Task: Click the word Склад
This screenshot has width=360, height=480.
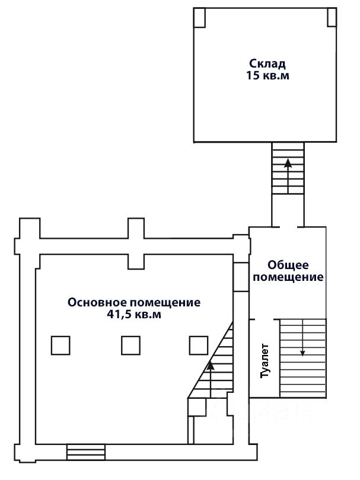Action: pyautogui.click(x=267, y=64)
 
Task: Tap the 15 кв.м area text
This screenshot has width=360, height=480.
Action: pyautogui.click(x=268, y=75)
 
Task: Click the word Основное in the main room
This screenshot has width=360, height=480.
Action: pyautogui.click(x=97, y=302)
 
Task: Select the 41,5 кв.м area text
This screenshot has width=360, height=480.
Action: pyautogui.click(x=134, y=314)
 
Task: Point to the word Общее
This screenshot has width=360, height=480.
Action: pyautogui.click(x=288, y=265)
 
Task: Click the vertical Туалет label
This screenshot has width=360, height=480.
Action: pyautogui.click(x=265, y=361)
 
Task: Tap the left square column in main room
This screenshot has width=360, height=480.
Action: pyautogui.click(x=60, y=345)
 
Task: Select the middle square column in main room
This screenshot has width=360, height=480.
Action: pyautogui.click(x=131, y=345)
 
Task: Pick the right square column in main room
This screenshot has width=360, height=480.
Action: pyautogui.click(x=199, y=345)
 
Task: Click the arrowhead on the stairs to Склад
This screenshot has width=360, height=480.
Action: pyautogui.click(x=288, y=163)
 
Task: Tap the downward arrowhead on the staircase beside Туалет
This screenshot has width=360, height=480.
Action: pyautogui.click(x=302, y=353)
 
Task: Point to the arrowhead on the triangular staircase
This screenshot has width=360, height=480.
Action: pyautogui.click(x=211, y=366)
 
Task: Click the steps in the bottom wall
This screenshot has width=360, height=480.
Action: pyautogui.click(x=86, y=452)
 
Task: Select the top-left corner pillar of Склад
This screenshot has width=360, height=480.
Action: pyautogui.click(x=199, y=18)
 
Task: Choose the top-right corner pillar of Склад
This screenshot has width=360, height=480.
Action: pyautogui.click(x=332, y=17)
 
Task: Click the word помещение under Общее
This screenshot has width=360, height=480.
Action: pyautogui.click(x=288, y=277)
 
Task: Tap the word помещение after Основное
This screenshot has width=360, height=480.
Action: pyautogui.click(x=165, y=303)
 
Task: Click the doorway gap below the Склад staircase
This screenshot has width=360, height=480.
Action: pyautogui.click(x=288, y=227)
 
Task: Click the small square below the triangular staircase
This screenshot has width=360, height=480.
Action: pyautogui.click(x=197, y=407)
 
